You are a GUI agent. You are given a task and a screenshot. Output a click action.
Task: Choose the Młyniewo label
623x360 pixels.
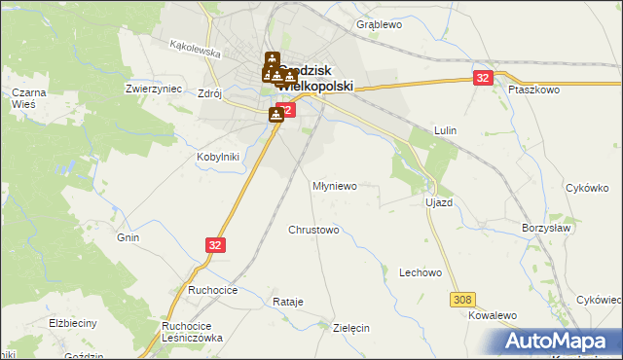335,185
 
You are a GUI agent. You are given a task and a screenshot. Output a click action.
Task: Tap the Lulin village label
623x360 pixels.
446,130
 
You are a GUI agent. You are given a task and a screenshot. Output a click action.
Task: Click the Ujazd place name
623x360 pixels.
439,202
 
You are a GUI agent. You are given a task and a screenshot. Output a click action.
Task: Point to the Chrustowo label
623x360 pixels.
313,231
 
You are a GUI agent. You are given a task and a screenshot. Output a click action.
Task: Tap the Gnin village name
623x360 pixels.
128,237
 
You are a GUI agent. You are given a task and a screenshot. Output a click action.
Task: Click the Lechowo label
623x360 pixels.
421,273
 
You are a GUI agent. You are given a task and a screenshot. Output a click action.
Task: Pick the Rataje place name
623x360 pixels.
288,303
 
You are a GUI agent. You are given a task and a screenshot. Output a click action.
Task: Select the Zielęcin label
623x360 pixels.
350,329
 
